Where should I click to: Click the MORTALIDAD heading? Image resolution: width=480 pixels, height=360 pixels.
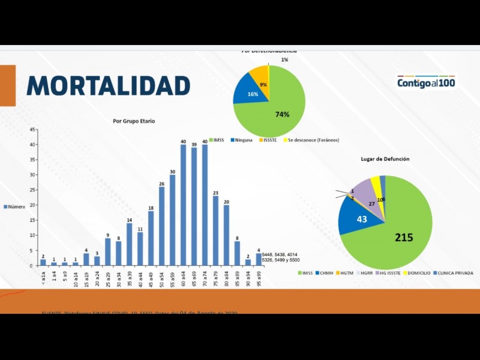click(x=109, y=85)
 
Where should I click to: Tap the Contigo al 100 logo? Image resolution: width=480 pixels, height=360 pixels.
click(x=425, y=82)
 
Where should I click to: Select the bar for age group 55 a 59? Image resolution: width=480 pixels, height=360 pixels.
click(x=173, y=220)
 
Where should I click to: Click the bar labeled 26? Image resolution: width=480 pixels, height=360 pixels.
click(x=162, y=226)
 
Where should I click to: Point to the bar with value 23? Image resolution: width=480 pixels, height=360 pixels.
click(x=216, y=230)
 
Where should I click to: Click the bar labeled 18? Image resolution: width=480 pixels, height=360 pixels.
click(x=151, y=238)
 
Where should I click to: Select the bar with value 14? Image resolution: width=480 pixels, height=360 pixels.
click(x=129, y=244)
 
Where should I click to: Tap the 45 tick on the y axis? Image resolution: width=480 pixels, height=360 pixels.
click(x=34, y=130)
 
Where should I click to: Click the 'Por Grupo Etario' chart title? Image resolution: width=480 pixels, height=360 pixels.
click(x=134, y=121)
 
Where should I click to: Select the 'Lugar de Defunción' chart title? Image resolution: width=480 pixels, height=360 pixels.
click(x=385, y=159)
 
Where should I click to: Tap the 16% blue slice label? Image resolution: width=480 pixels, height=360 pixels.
click(x=253, y=95)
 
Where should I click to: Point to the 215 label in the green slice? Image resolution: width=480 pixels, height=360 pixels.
click(x=404, y=238)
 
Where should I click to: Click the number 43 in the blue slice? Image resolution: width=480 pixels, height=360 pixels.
click(x=362, y=220)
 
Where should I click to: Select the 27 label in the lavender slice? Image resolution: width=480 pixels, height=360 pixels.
click(x=372, y=204)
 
